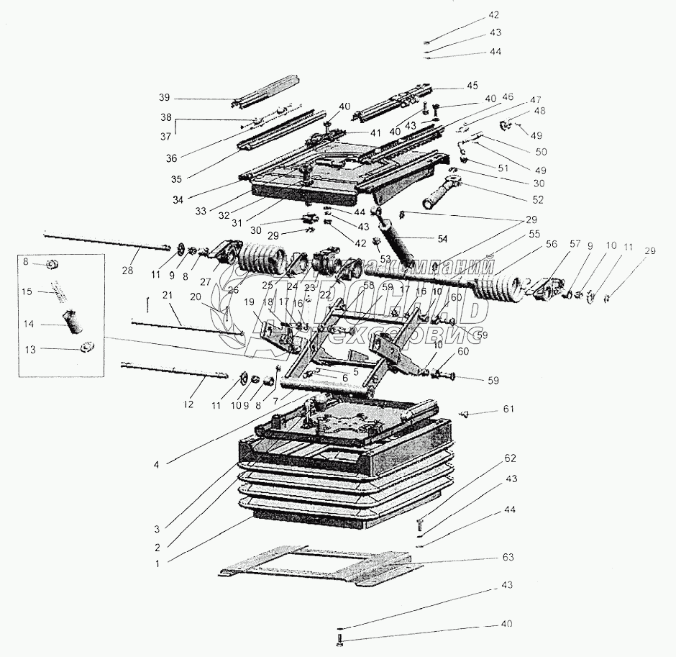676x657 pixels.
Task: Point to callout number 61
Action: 509,410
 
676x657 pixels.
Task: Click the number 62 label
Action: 510,458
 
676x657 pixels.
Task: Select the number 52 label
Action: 538,199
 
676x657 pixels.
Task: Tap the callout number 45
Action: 472,85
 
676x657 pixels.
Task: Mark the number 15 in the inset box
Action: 27,291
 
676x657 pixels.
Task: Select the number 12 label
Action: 188,404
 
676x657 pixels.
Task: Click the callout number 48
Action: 539,111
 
